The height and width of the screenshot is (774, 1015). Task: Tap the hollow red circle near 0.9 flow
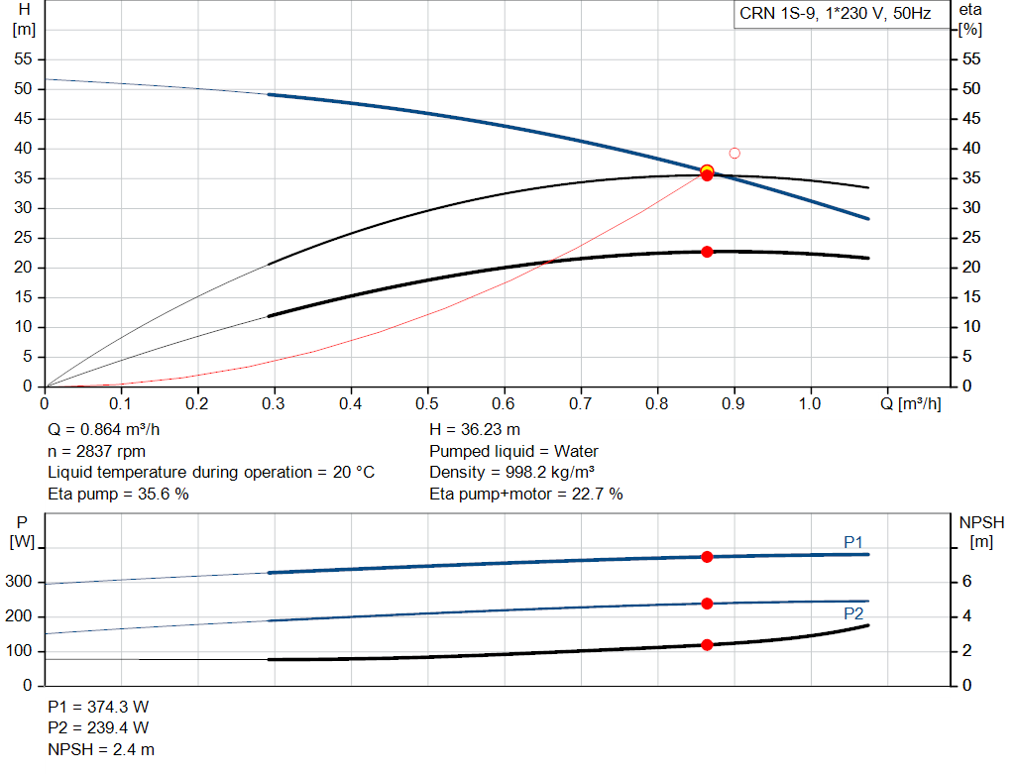[734, 153]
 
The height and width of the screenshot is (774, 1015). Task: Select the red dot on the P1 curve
[707, 557]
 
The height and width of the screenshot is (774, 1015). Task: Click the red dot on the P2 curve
[707, 604]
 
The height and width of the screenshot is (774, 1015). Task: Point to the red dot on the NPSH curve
[707, 645]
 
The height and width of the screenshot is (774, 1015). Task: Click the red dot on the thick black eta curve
[707, 252]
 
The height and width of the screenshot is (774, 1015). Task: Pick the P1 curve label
[853, 542]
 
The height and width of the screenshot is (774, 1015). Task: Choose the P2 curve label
[853, 614]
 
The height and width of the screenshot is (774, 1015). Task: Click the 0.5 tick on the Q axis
[427, 404]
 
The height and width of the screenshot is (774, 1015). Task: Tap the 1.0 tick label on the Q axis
[810, 404]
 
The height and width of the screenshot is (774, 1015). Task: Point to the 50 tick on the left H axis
[24, 89]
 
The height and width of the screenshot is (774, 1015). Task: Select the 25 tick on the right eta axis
[972, 238]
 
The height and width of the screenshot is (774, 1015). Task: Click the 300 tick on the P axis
[20, 583]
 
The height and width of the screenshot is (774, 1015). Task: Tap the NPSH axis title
[981, 522]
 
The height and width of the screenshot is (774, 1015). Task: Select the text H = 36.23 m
[475, 430]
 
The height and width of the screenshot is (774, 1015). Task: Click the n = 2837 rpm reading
[96, 451]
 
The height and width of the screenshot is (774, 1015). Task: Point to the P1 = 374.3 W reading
[98, 707]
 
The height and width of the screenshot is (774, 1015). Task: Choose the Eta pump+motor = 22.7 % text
[525, 494]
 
